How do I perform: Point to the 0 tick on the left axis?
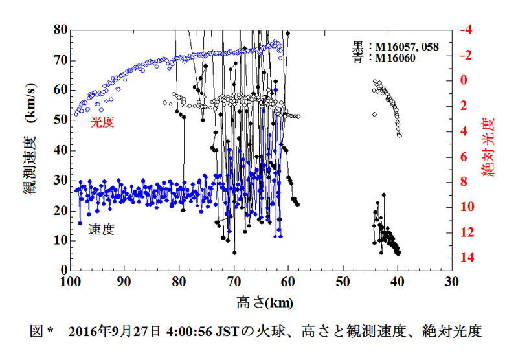coord(62,270)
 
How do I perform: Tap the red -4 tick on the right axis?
coord(466,30)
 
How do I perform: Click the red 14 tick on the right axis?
coord(467,258)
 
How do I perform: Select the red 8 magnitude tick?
coord(464,182)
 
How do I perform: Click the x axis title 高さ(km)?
coord(260,302)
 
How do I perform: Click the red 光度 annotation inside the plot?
coord(102,122)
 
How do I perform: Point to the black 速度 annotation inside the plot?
coord(102,229)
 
